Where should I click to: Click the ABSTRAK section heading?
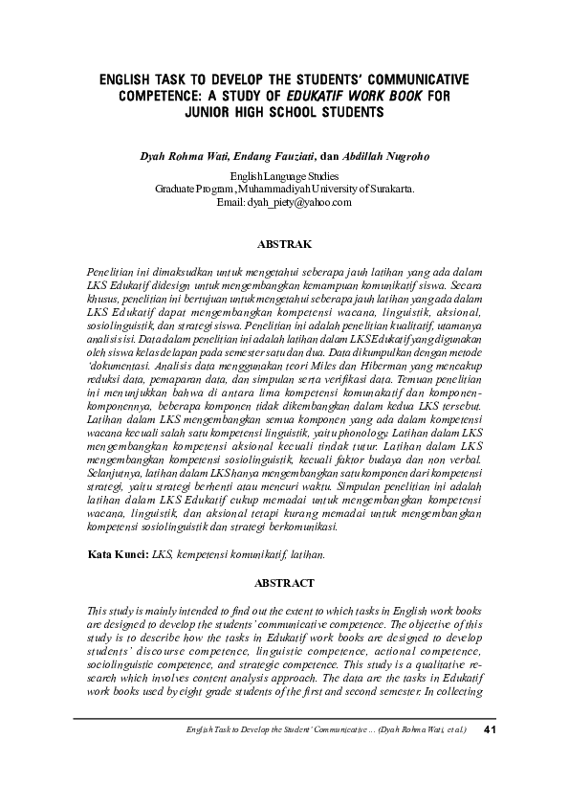(284, 245)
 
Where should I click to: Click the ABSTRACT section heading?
(284, 582)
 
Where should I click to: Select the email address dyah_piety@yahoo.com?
(299, 203)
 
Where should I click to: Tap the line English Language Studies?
(284, 176)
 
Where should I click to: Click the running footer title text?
(324, 732)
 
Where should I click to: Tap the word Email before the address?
(230, 203)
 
